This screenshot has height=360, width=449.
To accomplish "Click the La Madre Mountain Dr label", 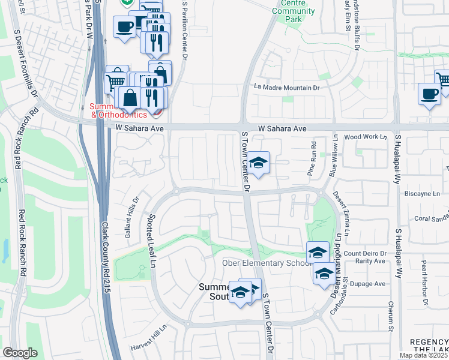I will coord(286,88).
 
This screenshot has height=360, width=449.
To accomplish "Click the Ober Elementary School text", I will coord(264,263).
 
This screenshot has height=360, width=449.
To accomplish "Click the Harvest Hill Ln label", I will coord(148,341).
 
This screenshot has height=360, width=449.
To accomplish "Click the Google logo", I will coord(20,353).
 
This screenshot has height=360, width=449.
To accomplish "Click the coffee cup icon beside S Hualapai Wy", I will coord(430,94).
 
